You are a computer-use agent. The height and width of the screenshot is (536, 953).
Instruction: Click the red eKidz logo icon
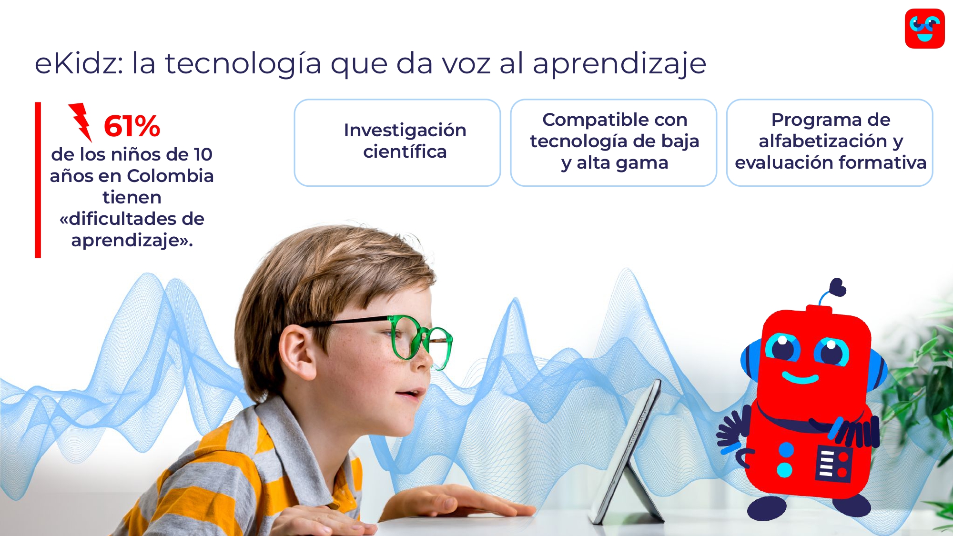[924, 29]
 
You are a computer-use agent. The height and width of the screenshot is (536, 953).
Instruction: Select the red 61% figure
[132, 126]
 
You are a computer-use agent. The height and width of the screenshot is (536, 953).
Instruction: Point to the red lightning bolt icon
[81, 122]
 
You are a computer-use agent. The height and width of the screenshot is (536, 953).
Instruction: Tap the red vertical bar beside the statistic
[38, 180]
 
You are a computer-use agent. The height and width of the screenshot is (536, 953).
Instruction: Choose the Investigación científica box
[397, 142]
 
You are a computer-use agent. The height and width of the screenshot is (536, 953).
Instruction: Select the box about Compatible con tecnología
[614, 142]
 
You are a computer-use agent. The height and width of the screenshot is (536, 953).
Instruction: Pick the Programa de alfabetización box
[830, 142]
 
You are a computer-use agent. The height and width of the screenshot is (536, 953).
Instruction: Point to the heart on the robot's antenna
[837, 288]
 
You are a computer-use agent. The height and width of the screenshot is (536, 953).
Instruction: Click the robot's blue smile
[800, 378]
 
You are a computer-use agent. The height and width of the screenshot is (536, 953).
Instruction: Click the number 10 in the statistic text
[203, 154]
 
